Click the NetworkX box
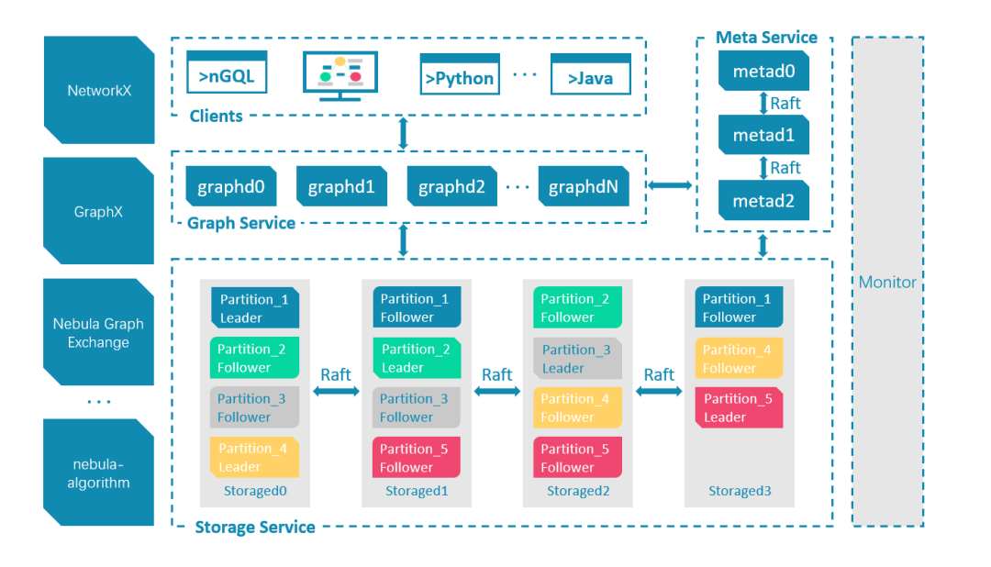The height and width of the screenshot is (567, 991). pyautogui.click(x=98, y=90)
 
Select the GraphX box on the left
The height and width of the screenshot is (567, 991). pyautogui.click(x=98, y=211)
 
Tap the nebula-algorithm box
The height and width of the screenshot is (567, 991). pyautogui.click(x=98, y=472)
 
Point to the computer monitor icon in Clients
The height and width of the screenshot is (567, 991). pyautogui.click(x=340, y=75)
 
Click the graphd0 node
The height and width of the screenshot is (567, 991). pyautogui.click(x=230, y=186)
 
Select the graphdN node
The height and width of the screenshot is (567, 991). pyautogui.click(x=583, y=186)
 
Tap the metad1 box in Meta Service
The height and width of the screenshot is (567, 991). pyautogui.click(x=764, y=135)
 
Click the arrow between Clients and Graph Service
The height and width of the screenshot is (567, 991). pyautogui.click(x=403, y=133)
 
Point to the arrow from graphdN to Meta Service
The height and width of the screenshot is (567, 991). pyautogui.click(x=670, y=185)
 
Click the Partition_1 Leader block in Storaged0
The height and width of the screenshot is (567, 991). pyautogui.click(x=255, y=307)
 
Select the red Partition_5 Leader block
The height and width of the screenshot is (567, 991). pyautogui.click(x=738, y=407)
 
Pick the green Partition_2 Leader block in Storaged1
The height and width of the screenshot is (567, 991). pyautogui.click(x=416, y=358)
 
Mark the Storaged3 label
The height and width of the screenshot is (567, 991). pyautogui.click(x=739, y=491)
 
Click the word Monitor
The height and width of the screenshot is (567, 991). pyautogui.click(x=886, y=282)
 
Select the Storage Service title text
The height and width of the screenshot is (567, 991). pyautogui.click(x=254, y=527)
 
